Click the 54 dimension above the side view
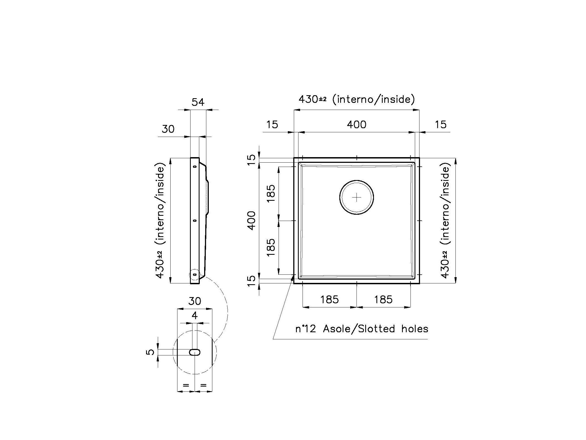coord(198,102)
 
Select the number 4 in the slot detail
coord(195,316)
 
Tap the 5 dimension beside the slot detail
coord(150,352)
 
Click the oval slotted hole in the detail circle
coord(195,352)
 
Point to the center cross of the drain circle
coord(357,197)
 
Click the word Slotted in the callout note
coord(376,329)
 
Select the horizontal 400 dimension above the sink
coord(357,125)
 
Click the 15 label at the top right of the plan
coord(440,125)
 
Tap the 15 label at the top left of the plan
coord(272,125)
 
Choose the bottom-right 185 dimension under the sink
coord(383,300)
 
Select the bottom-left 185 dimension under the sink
coord(329,300)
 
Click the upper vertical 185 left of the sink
coord(271,193)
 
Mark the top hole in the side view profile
coord(195,166)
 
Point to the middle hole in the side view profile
coord(195,220)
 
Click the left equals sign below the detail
coord(186,385)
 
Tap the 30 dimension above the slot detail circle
coord(195,301)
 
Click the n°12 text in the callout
coord(306,329)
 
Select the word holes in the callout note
coord(415,329)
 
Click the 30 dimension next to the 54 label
coord(168,129)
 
